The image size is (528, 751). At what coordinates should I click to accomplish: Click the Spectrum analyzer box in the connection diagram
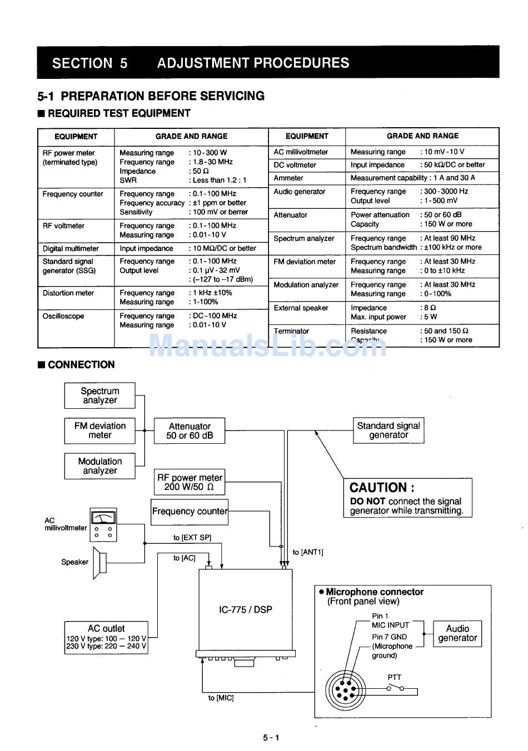[99, 395]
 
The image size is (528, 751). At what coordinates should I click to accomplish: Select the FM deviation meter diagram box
[99, 430]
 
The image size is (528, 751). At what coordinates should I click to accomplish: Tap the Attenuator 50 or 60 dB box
[189, 430]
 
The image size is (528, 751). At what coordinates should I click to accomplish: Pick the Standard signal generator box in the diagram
[388, 430]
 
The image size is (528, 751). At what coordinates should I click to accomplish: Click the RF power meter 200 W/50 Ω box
[189, 482]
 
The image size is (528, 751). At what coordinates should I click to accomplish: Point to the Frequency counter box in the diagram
[190, 512]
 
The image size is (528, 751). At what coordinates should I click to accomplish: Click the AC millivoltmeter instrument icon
[103, 525]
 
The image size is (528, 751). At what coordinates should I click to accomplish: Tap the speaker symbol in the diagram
[99, 563]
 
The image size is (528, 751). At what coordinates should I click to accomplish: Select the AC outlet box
[106, 637]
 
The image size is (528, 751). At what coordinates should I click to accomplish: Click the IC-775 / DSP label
[245, 609]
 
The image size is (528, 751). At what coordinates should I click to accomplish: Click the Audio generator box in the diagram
[457, 633]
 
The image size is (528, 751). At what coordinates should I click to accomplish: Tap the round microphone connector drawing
[345, 690]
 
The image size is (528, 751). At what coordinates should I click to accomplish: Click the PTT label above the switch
[394, 677]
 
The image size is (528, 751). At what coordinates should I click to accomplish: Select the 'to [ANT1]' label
[308, 552]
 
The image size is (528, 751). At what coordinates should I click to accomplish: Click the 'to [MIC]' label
[221, 698]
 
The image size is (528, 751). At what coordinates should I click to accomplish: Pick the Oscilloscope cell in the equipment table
[63, 316]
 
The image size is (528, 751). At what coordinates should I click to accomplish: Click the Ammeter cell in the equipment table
[288, 178]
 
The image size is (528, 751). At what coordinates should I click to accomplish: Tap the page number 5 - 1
[271, 737]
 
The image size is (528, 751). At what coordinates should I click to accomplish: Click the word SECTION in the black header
[82, 63]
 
